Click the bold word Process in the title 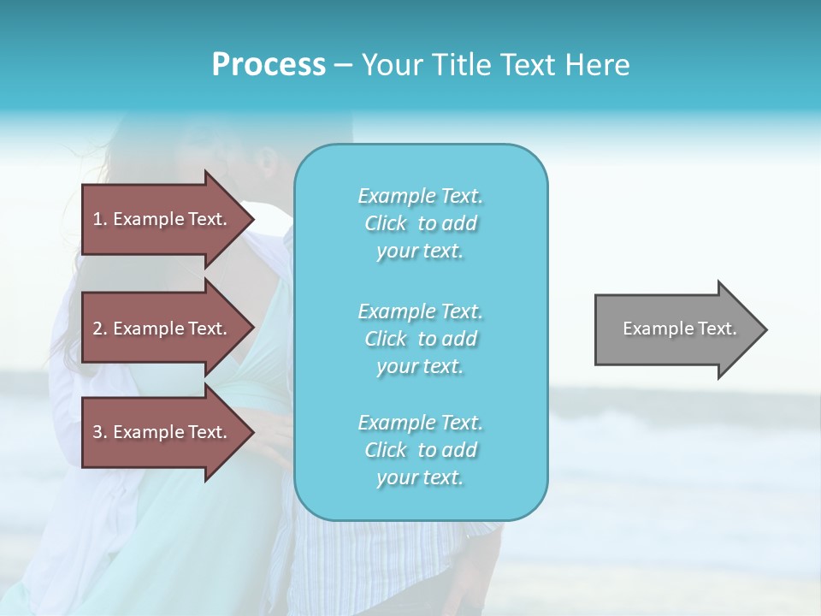click(269, 65)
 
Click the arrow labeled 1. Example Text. click(162, 219)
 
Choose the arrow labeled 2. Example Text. click(162, 329)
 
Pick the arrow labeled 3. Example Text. click(162, 432)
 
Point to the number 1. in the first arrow click(100, 219)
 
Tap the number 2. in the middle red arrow click(100, 329)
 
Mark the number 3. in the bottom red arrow click(100, 432)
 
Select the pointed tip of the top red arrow click(250, 219)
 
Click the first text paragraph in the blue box click(420, 223)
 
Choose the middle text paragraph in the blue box click(420, 338)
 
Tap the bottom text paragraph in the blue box click(420, 450)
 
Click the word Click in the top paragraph click(386, 224)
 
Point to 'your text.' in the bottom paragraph click(420, 477)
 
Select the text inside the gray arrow click(679, 329)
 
